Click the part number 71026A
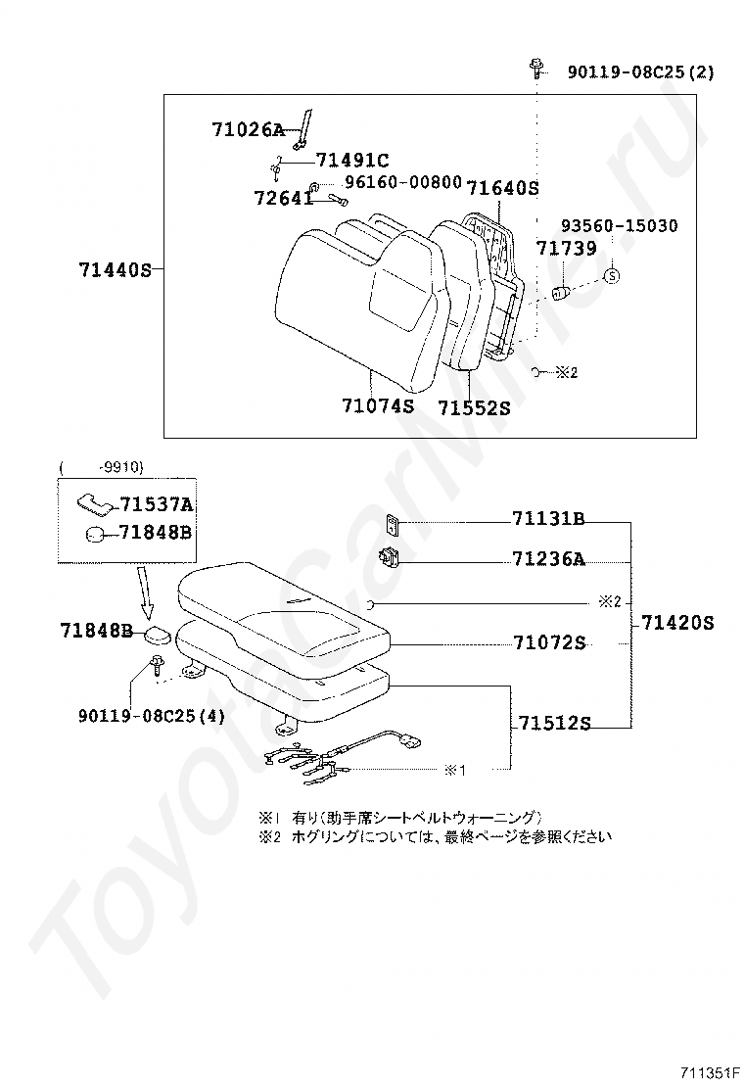coord(247,129)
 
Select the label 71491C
coord(351,160)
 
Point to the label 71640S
coord(502,187)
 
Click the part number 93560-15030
coord(619,226)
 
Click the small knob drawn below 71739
coord(561,291)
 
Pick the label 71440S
coord(116,268)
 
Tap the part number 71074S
coord(378,406)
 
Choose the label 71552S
coord(474,408)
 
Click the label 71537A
coord(157,504)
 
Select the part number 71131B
coord(547,519)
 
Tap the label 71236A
coord(547,559)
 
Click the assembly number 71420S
coord(677,622)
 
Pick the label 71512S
coord(554,724)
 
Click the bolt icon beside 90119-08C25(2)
coord(537,68)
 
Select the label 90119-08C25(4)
coord(152,716)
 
